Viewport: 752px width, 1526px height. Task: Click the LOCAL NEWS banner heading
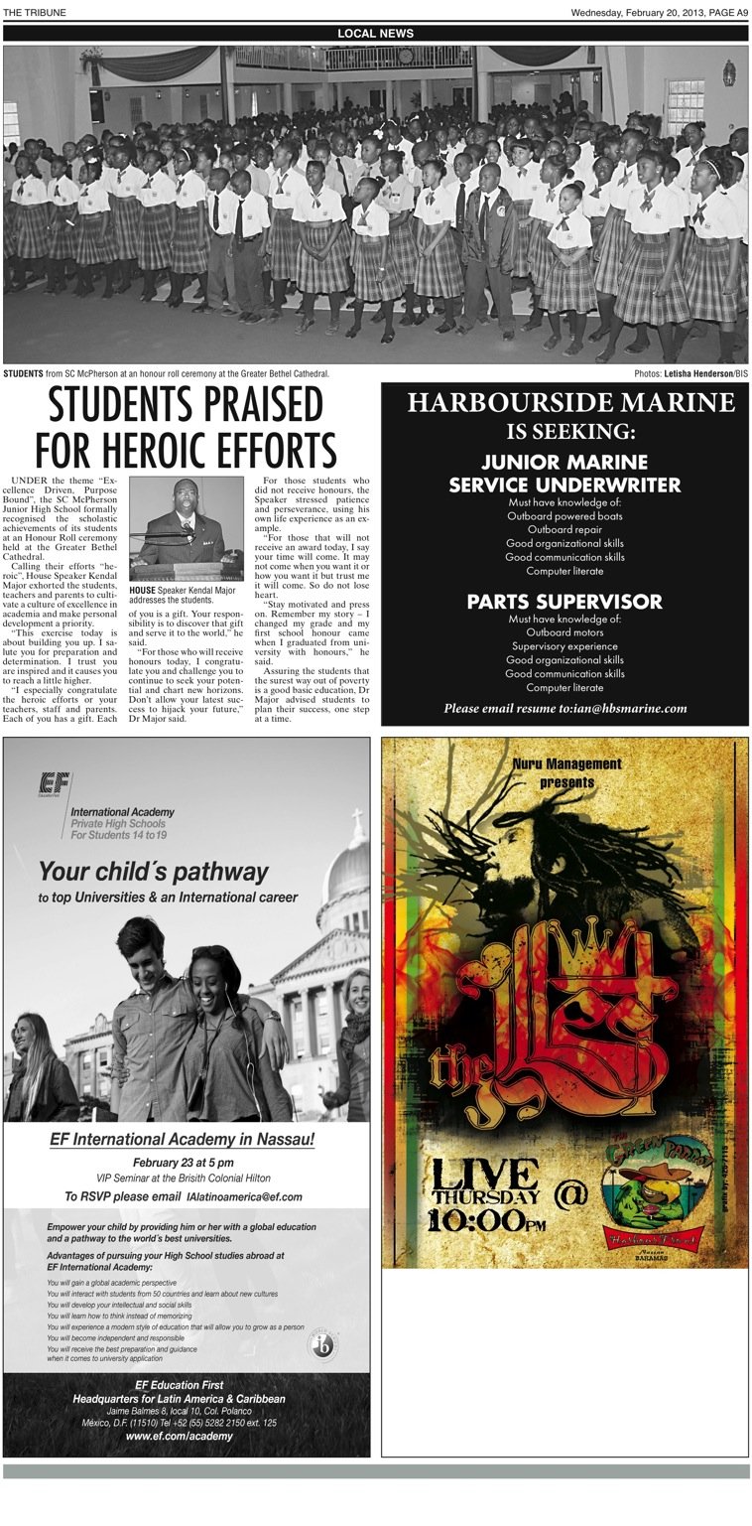tap(375, 34)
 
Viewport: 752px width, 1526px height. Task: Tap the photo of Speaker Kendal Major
tap(187, 528)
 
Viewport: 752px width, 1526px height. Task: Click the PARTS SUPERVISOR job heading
tap(564, 602)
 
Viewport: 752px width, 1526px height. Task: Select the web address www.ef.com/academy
tap(179, 1436)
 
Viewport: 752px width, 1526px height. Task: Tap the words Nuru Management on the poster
tap(567, 763)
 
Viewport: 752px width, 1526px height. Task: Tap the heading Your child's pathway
tap(153, 872)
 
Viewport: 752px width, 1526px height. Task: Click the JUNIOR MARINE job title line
tap(564, 462)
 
